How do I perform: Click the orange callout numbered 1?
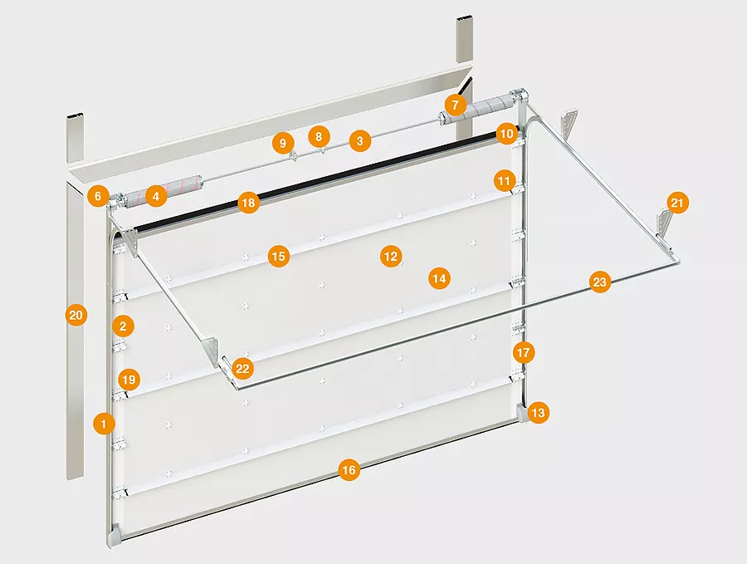tap(104, 424)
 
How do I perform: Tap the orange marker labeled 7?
tap(455, 105)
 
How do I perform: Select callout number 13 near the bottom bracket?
tap(538, 412)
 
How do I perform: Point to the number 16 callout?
tap(349, 471)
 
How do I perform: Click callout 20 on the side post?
tap(76, 315)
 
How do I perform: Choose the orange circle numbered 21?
tap(677, 204)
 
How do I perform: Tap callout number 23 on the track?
tap(599, 282)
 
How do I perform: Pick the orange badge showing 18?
tap(248, 204)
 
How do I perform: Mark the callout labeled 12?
tap(391, 257)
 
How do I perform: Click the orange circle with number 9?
tap(283, 143)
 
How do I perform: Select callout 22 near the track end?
tap(242, 369)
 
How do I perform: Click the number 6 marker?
tap(98, 196)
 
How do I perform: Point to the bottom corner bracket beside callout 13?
tap(522, 414)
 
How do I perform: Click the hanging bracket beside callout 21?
tap(664, 222)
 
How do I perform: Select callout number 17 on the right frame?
tap(523, 353)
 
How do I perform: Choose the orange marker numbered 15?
tap(279, 257)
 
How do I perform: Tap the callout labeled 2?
tap(123, 326)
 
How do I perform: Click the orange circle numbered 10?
tap(506, 134)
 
